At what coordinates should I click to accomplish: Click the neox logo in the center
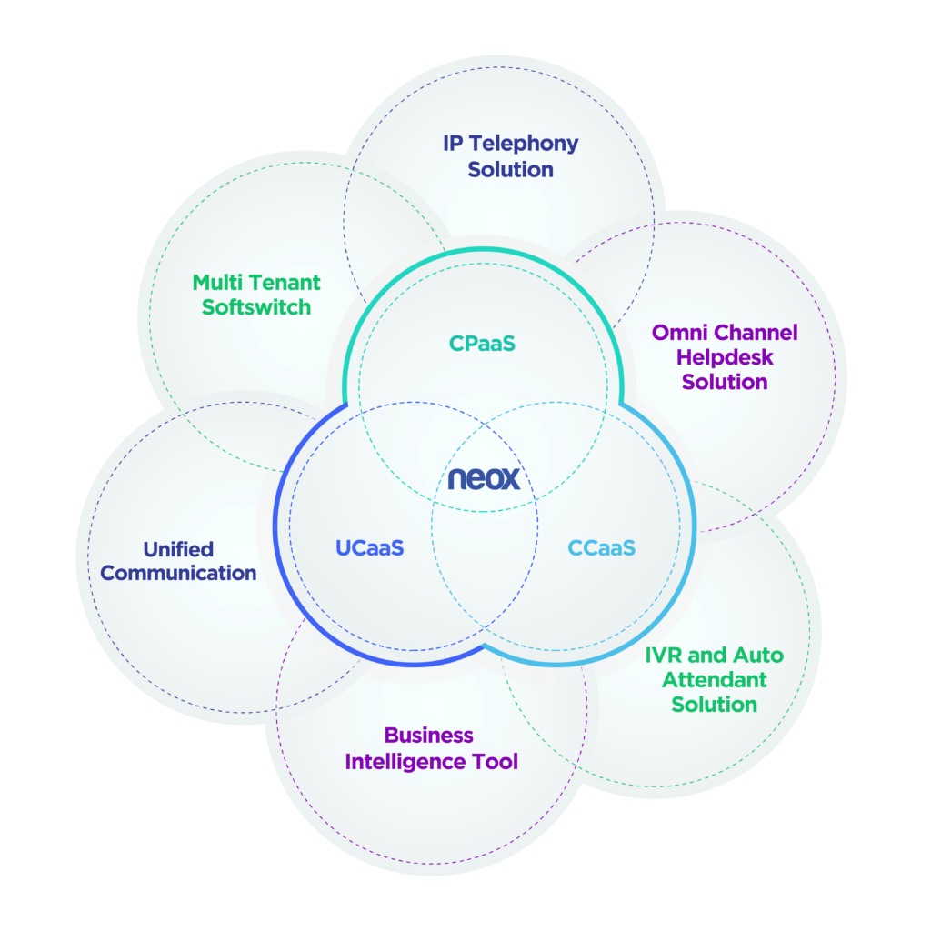point(484,478)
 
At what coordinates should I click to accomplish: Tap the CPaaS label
point(482,343)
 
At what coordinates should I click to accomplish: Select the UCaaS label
point(369,547)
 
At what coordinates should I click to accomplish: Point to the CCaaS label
point(602,547)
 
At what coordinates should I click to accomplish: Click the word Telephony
point(524,145)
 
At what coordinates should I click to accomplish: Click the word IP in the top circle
point(453,143)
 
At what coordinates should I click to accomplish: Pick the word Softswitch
point(256,307)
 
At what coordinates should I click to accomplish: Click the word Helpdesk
point(725,357)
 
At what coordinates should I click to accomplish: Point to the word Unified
point(178,549)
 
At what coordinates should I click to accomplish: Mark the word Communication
point(178,573)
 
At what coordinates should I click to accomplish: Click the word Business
point(429,736)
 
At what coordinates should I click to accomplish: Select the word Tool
point(496,761)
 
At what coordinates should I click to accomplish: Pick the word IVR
point(664,655)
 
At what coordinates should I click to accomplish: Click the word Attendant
point(715,680)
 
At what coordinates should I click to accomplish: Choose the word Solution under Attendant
point(715,705)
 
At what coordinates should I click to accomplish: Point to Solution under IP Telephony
point(511,170)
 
